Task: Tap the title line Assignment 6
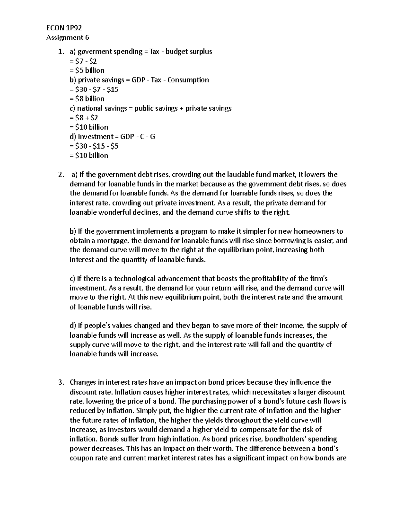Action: pos(67,37)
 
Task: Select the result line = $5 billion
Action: pos(87,70)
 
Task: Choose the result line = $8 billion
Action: pos(87,99)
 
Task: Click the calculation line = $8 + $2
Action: pos(84,118)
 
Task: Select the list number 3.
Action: pos(60,382)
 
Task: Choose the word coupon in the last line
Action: pos(81,458)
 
